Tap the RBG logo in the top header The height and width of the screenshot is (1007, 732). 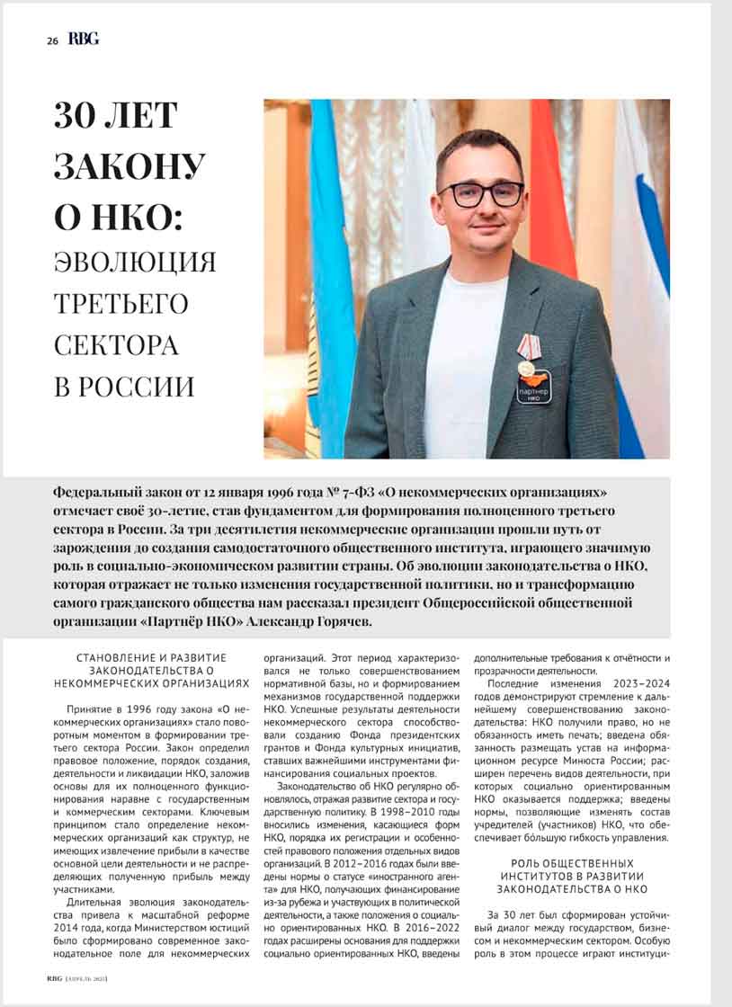point(84,40)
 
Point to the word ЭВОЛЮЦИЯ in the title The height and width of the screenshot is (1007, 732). point(135,262)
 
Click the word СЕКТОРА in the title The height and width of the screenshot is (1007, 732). point(116,344)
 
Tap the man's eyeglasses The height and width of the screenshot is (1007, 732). point(480,193)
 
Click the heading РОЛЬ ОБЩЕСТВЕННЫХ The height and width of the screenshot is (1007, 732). point(572,864)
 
